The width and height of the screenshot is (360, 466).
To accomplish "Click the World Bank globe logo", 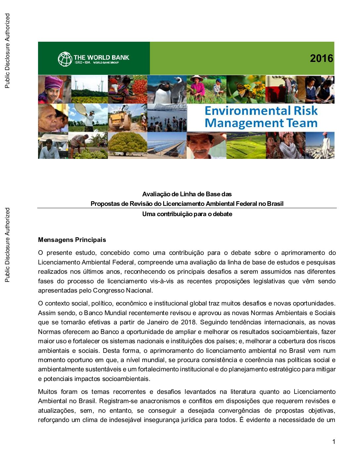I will tap(65, 59).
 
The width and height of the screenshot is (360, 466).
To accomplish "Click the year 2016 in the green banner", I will tap(321, 59).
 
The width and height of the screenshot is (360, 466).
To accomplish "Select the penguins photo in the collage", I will tap(167, 89).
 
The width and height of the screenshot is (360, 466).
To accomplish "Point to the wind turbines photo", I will tap(89, 89).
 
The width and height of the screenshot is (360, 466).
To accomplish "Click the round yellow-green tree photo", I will tap(127, 145).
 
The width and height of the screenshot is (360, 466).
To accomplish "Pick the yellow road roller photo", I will tap(127, 117).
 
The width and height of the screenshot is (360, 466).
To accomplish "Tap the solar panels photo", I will tap(167, 145).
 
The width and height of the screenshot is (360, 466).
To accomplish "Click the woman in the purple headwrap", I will tap(53, 89).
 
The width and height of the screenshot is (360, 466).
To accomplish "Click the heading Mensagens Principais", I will tap(72, 240).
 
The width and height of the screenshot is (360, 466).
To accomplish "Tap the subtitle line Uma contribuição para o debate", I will tap(187, 214).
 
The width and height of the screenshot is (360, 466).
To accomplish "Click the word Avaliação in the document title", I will tap(156, 194).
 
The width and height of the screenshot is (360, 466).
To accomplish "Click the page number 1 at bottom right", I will tap(334, 442).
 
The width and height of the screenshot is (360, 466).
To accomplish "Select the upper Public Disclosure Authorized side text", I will tap(7, 51).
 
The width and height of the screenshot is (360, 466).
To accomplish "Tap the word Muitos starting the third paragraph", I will tap(48, 392).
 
